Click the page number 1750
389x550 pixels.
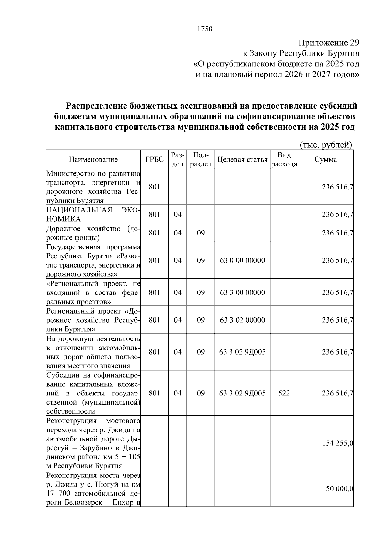point(205,29)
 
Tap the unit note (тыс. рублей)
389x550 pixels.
point(326,145)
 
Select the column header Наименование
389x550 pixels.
point(93,159)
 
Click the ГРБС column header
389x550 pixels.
point(154,159)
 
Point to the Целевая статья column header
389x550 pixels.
point(242,159)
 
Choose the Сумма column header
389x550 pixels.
point(326,159)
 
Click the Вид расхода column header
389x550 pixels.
point(284,159)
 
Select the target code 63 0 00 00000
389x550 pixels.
point(242,260)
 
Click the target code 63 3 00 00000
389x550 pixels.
point(242,292)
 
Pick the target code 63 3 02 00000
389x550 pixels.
point(242,320)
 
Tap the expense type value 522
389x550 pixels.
point(284,393)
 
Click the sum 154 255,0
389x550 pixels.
point(337,443)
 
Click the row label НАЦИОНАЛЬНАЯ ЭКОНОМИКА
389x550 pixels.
point(93,214)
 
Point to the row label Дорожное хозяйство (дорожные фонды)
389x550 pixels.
point(93,233)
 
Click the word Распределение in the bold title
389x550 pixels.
point(96,106)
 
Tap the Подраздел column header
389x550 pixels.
point(201,159)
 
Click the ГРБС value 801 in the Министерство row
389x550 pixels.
point(154,187)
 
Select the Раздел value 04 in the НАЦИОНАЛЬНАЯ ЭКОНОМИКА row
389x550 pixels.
point(178,214)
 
